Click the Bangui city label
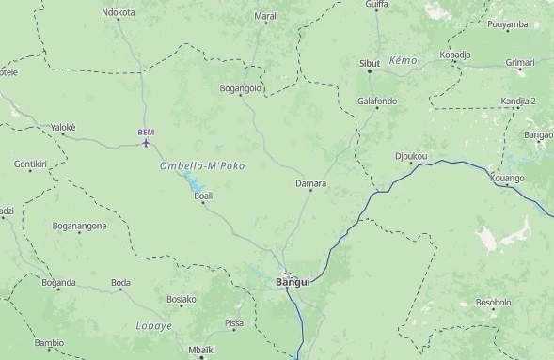(293, 282)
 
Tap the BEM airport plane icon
(146, 143)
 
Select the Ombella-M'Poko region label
(202, 166)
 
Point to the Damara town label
(310, 183)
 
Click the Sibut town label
(370, 63)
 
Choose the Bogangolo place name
(240, 88)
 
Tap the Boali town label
(203, 196)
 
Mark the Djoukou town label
(411, 156)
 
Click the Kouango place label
(507, 178)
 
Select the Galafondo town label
(377, 101)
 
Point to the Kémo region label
(402, 59)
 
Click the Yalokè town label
(63, 127)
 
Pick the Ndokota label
(119, 13)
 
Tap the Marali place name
(266, 16)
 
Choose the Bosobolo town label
(493, 303)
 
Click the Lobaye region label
(153, 325)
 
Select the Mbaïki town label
(201, 349)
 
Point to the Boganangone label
(79, 226)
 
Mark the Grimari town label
(519, 62)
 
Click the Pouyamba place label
(508, 24)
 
